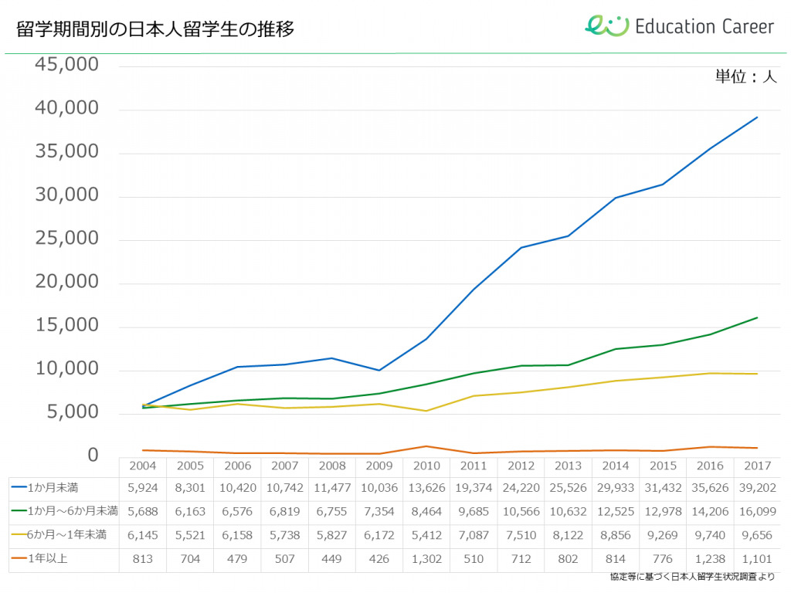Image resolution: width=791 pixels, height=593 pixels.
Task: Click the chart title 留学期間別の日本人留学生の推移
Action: pyautogui.click(x=155, y=29)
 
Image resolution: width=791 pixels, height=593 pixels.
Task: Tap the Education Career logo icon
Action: pyautogui.click(x=606, y=25)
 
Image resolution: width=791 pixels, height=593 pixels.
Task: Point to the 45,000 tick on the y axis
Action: pyautogui.click(x=67, y=65)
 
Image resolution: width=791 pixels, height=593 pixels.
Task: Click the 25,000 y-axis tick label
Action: pyautogui.click(x=67, y=239)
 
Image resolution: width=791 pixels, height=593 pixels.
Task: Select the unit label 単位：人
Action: pyautogui.click(x=745, y=76)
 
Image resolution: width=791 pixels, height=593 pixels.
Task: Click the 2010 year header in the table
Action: pyautogui.click(x=426, y=466)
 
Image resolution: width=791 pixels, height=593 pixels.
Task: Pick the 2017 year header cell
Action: pyautogui.click(x=757, y=466)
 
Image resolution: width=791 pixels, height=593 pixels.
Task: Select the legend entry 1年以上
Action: pyautogui.click(x=47, y=558)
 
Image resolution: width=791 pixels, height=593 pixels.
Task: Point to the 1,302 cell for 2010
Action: pyautogui.click(x=426, y=558)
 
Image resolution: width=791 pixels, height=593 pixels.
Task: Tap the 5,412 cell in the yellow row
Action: pyautogui.click(x=426, y=534)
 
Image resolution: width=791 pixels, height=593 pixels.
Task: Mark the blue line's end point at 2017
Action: pyautogui.click(x=757, y=117)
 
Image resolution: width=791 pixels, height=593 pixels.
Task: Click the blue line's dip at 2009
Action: pyautogui.click(x=379, y=370)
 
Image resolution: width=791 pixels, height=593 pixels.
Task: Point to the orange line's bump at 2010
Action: pyautogui.click(x=426, y=446)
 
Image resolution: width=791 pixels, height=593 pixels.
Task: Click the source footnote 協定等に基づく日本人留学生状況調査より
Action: pyautogui.click(x=691, y=578)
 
